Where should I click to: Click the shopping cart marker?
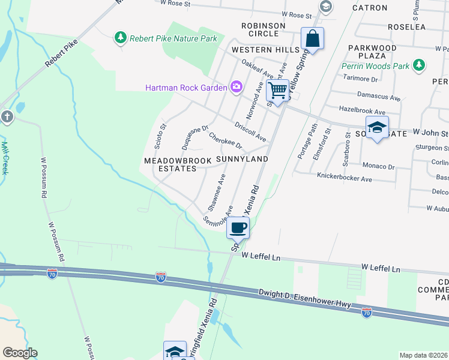pyautogui.click(x=277, y=90)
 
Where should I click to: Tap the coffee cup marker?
pyautogui.click(x=238, y=227)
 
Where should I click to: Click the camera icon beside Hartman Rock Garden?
pyautogui.click(x=236, y=88)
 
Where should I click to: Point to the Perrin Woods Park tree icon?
pyautogui.click(x=419, y=64)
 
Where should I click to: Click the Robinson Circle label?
pyautogui.click(x=263, y=29)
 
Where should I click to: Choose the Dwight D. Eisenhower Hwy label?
pyautogui.click(x=304, y=299)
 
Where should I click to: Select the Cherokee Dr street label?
pyautogui.click(x=225, y=142)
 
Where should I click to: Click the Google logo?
pyautogui.click(x=20, y=352)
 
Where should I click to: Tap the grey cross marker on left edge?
pyautogui.click(x=7, y=116)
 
